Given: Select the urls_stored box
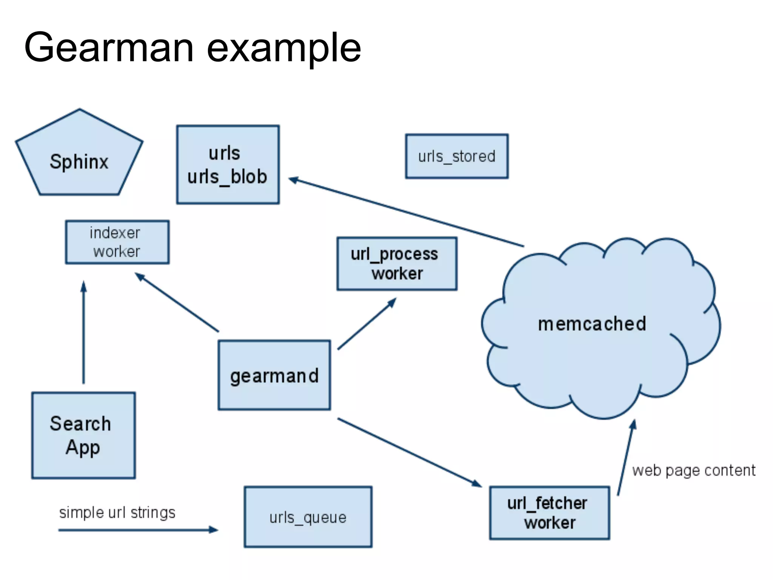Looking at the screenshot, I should coord(457,156).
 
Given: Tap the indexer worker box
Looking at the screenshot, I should coord(117,242).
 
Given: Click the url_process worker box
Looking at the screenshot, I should coord(397,264).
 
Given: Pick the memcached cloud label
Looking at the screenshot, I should coord(592,324).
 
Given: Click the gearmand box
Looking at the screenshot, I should coord(274,375).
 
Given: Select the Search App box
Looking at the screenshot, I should coord(83,435).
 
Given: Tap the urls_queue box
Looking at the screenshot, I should coord(308,517).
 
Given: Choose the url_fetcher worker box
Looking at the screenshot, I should coord(549,513).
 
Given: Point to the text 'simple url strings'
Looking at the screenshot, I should coord(117,513).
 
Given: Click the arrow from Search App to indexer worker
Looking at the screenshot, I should coord(84,332).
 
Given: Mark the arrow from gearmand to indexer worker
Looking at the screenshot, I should coord(177,302).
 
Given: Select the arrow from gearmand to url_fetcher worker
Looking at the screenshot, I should coord(410,452).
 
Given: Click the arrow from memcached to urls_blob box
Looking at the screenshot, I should coord(406,212).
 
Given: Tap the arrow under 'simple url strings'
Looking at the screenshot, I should coord(138,530).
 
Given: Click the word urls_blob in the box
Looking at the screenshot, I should coord(227,177).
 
